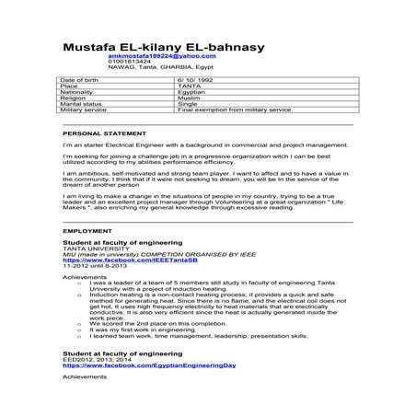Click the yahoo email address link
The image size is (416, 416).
click(x=147, y=57)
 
